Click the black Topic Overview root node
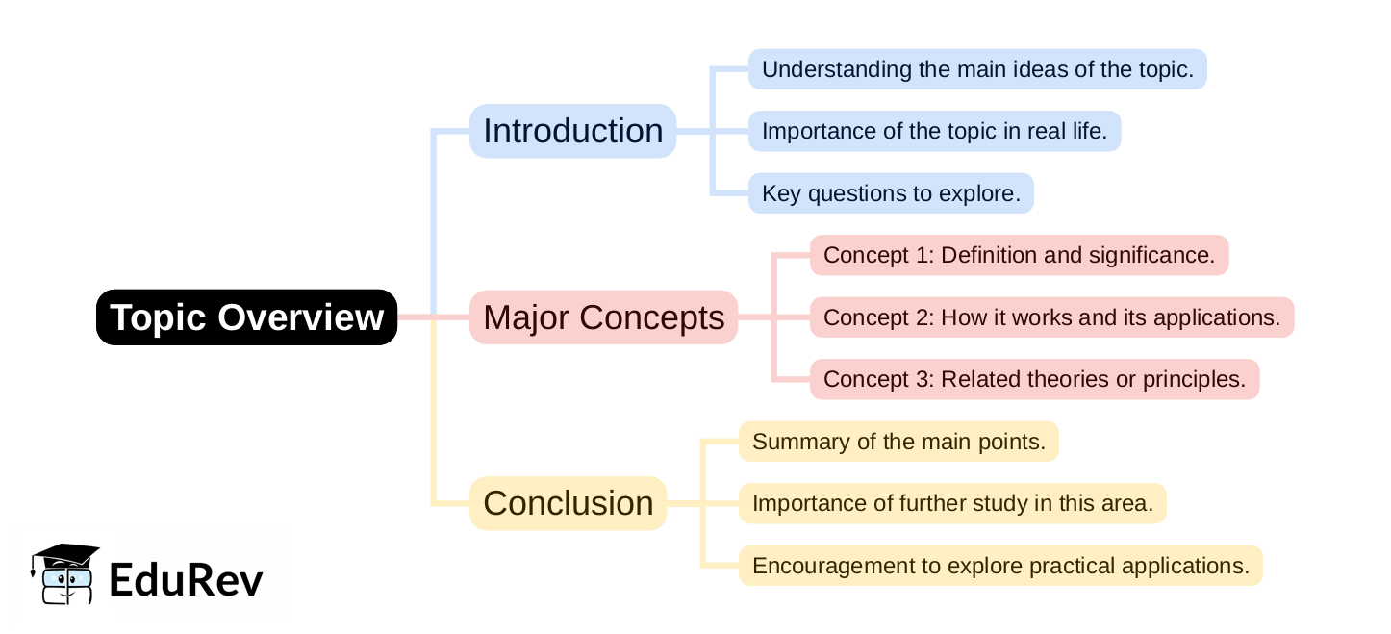pyautogui.click(x=246, y=317)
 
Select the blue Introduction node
pyautogui.click(x=572, y=131)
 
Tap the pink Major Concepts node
pyautogui.click(x=603, y=317)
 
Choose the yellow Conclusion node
pyautogui.click(x=568, y=503)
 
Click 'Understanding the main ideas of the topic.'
pyautogui.click(x=977, y=69)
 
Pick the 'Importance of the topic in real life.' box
pyautogui.click(x=934, y=131)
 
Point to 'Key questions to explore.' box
pyautogui.click(x=891, y=193)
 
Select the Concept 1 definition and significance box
pyautogui.click(x=1019, y=255)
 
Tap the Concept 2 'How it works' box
pyautogui.click(x=1051, y=317)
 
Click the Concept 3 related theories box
pyautogui.click(x=1034, y=379)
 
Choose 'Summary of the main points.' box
pyautogui.click(x=898, y=442)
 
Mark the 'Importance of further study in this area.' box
pyautogui.click(x=952, y=503)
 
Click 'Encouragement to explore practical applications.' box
pyautogui.click(x=1000, y=566)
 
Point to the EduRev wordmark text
pyautogui.click(x=186, y=579)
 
